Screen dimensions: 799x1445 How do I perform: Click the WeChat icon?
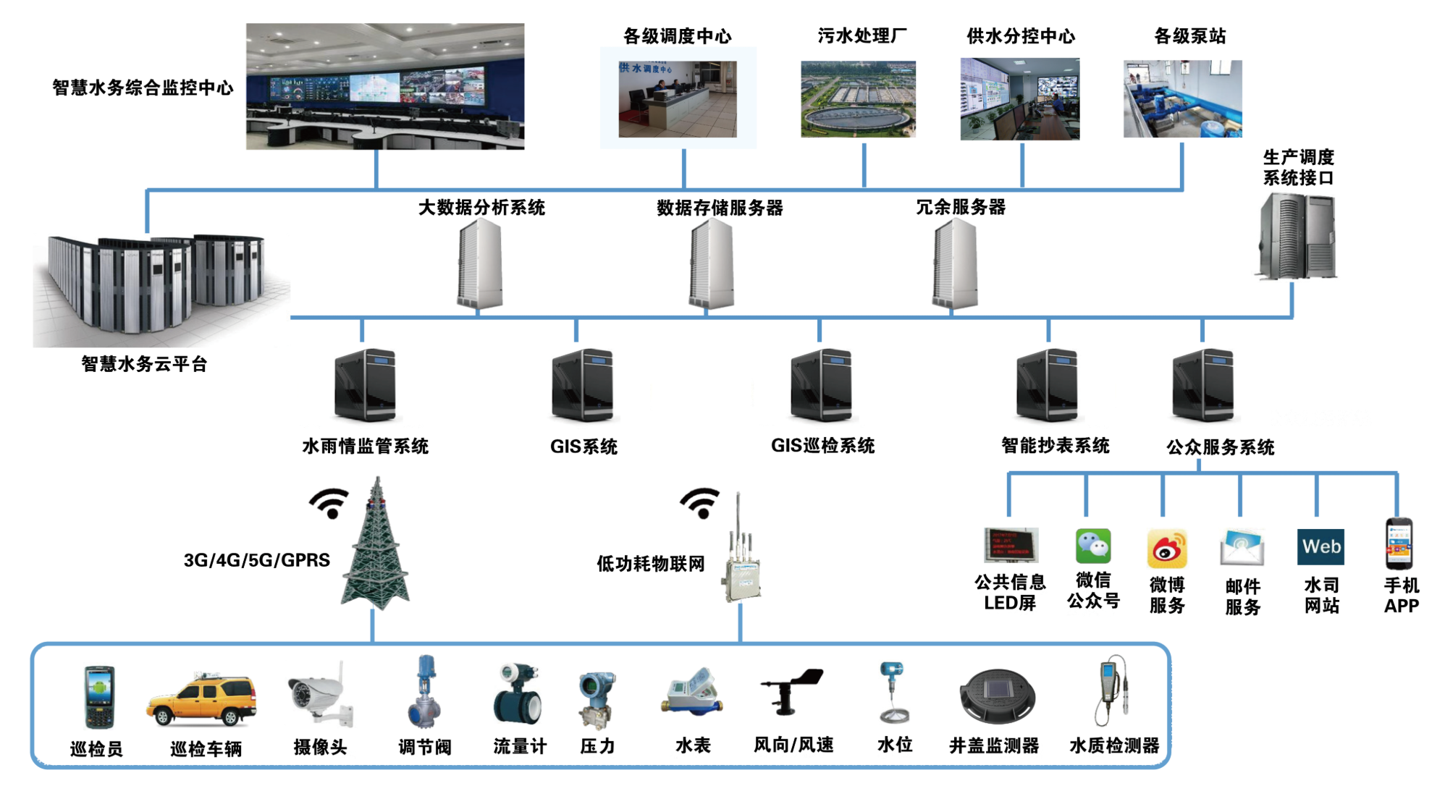pyautogui.click(x=1093, y=546)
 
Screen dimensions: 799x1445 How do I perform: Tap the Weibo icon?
pyautogui.click(x=1167, y=548)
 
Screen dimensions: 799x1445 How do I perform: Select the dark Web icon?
pyautogui.click(x=1320, y=546)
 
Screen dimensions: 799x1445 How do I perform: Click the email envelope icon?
pyautogui.click(x=1242, y=547)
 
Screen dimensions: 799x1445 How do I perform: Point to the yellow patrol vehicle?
pyautogui.click(x=202, y=698)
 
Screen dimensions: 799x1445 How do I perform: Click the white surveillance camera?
pyautogui.click(x=321, y=694)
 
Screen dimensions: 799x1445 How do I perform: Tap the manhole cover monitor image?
pyautogui.click(x=997, y=696)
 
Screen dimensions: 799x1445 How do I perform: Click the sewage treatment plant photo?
pyautogui.click(x=858, y=99)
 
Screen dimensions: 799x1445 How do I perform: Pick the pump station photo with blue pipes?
pyautogui.click(x=1182, y=99)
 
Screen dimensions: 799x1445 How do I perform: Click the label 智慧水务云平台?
pyautogui.click(x=143, y=364)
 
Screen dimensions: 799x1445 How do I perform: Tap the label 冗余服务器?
pyautogui.click(x=962, y=208)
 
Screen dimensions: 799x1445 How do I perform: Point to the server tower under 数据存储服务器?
pyautogui.click(x=711, y=264)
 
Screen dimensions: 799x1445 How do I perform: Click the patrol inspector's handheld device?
pyautogui.click(x=99, y=696)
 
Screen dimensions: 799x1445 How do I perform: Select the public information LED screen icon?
pyautogui.click(x=1011, y=546)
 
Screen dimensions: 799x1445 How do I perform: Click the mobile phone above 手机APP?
pyautogui.click(x=1399, y=543)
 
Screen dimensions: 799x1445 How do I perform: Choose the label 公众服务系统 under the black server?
pyautogui.click(x=1219, y=447)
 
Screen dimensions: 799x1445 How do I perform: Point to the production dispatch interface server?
pyautogui.click(x=1295, y=237)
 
